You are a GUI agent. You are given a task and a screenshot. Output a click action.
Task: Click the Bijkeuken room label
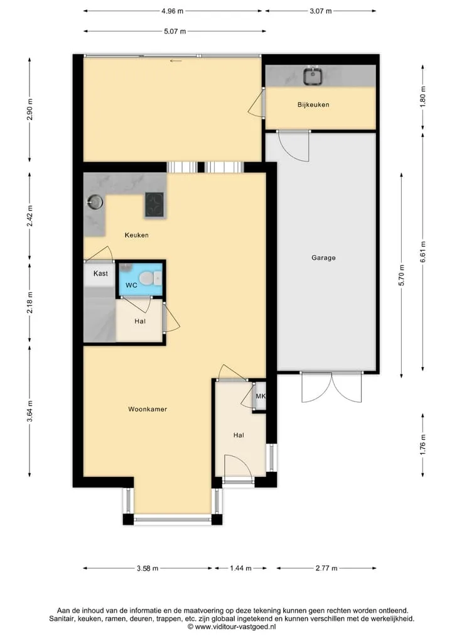coord(313,105)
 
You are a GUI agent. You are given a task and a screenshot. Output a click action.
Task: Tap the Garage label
coord(323,258)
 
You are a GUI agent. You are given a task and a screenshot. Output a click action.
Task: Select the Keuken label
coord(136,235)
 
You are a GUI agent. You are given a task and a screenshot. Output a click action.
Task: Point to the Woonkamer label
coord(148,409)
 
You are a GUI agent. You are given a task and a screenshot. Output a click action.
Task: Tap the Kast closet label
coord(100,273)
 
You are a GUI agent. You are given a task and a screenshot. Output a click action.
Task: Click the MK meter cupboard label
coord(261,396)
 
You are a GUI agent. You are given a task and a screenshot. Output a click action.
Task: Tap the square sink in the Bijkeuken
coord(313,76)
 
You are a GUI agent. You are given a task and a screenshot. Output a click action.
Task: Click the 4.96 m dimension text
coord(172,11)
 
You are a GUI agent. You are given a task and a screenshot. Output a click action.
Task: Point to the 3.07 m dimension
coord(320,11)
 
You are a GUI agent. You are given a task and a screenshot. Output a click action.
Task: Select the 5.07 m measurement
coord(175,31)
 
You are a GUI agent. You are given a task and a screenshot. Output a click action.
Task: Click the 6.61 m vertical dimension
coord(423,253)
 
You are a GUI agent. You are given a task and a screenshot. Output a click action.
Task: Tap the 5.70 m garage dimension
coord(402,276)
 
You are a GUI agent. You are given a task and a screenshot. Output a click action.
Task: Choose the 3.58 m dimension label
coord(148,568)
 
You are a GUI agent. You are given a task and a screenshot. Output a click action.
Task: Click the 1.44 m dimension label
coord(240,568)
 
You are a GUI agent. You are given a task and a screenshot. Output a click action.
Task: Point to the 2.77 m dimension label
coord(326,568)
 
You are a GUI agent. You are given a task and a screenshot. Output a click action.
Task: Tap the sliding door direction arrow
coord(176,61)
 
